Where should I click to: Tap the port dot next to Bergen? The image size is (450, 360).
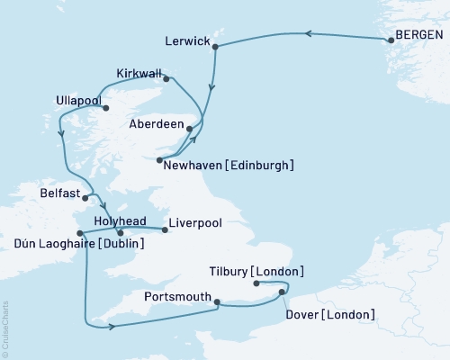(x=391, y=38)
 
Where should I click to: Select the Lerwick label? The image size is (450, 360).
(x=188, y=41)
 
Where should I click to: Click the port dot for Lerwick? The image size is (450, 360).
(x=216, y=51)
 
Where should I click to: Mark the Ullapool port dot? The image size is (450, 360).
(x=106, y=109)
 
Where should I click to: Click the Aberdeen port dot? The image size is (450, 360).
(x=190, y=130)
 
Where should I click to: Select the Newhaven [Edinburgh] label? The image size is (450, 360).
(x=229, y=165)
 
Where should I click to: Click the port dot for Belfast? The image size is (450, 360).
(x=86, y=193)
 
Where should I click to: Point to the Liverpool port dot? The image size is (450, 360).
(x=166, y=229)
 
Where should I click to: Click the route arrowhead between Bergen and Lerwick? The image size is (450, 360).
(x=308, y=34)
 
